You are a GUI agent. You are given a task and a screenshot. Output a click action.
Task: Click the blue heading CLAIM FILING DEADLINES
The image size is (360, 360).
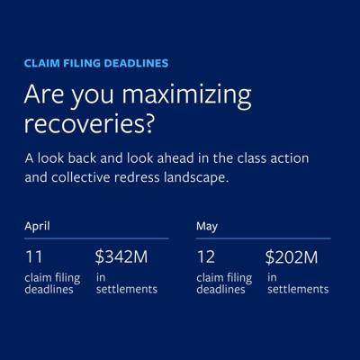coord(96,63)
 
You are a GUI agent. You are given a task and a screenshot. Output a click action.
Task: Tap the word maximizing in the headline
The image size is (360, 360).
coord(186,95)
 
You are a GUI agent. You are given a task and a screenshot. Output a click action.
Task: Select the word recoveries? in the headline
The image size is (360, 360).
coord(89,124)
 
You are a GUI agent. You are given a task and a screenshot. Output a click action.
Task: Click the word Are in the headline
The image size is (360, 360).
coord(44,94)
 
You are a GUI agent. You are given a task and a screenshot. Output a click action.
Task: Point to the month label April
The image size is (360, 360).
coord(37,227)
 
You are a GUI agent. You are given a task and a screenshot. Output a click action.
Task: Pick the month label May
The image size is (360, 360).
coord(207,227)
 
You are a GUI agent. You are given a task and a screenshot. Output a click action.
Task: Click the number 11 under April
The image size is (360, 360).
coord(34,257)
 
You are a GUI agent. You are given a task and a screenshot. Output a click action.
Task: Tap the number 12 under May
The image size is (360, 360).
coord(206,257)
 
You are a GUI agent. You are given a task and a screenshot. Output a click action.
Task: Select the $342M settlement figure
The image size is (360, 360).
coord(121,257)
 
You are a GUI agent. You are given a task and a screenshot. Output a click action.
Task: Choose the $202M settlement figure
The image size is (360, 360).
coord(292,257)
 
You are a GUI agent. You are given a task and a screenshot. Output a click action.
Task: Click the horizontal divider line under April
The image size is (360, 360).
coord(96,238)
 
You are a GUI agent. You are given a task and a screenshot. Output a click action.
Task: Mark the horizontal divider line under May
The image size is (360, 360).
coord(264,238)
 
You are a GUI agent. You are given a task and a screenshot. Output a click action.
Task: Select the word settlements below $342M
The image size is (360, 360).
coord(127,290)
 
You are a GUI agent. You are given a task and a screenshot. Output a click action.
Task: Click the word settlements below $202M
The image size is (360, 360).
coord(298,290)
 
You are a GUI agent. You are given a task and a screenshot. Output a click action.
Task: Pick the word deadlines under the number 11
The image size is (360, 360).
coord(49,290)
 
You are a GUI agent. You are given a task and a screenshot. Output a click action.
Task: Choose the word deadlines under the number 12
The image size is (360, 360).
coord(220,290)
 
